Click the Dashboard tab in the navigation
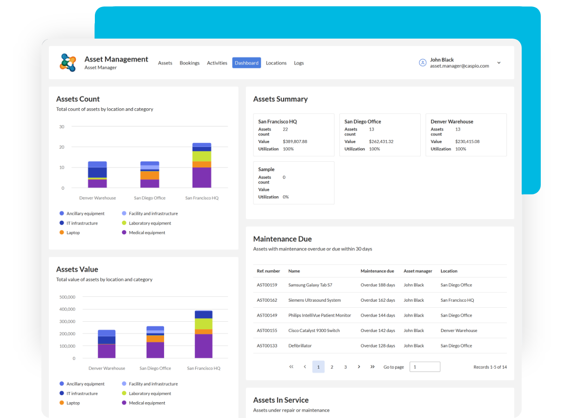pos(246,63)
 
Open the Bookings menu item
pos(189,63)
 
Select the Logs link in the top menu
pos(299,63)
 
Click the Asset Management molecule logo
pos(68,62)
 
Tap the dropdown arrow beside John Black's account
pos(499,63)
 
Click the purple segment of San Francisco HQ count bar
pos(202,178)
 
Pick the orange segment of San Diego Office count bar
pos(150,175)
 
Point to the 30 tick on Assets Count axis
pos(62,126)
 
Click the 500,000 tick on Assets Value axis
pos(67,297)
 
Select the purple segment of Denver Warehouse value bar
pos(106,351)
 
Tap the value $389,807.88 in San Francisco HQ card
pos(295,141)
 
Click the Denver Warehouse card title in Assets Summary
pos(451,121)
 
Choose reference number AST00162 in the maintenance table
pos(267,300)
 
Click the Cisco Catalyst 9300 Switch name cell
pos(314,331)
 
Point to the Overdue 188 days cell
pos(378,285)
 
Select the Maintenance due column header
pos(377,271)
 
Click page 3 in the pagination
pos(345,367)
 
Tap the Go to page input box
pos(425,367)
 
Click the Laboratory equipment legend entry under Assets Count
pos(150,223)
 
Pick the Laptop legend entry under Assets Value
pos(73,403)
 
